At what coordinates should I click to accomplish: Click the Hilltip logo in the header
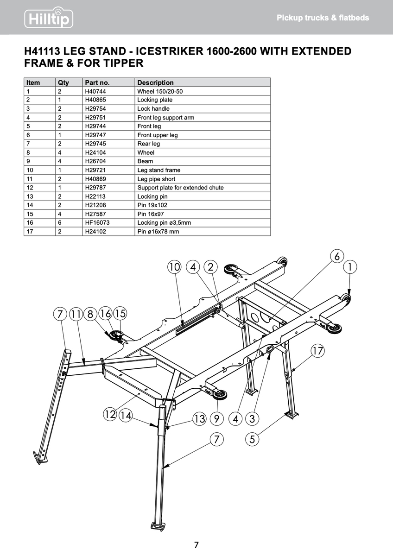[x=48, y=18]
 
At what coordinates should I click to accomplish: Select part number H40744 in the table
[x=95, y=91]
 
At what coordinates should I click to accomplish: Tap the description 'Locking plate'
[x=155, y=100]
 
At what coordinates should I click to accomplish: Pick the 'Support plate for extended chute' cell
[x=180, y=188]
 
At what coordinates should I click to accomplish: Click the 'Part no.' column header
[x=97, y=82]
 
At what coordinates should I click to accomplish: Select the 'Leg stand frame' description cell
[x=158, y=170]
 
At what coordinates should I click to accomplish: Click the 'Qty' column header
[x=63, y=82]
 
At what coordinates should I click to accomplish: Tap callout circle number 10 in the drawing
[x=174, y=267]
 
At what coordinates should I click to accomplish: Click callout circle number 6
[x=337, y=256]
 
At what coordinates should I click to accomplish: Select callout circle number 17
[x=317, y=351]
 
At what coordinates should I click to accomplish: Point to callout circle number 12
[x=110, y=414]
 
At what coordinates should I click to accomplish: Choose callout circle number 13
[x=199, y=419]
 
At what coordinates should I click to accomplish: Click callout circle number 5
[x=252, y=439]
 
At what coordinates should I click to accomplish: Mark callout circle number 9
[x=216, y=419]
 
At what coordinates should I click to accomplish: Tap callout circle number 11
[x=76, y=314]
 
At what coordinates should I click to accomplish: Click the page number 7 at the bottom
[x=196, y=545]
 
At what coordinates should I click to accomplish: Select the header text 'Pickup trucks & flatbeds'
[x=323, y=18]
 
